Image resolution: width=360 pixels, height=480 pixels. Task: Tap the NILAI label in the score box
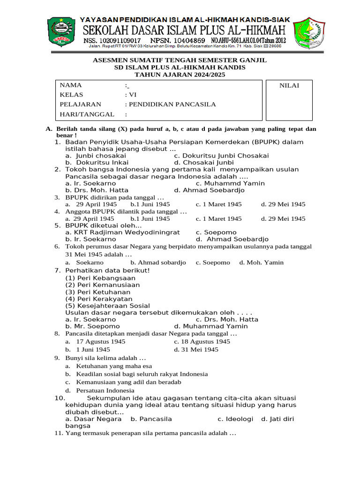pos(289,85)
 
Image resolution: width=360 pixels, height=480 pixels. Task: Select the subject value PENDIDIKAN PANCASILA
pos(170,104)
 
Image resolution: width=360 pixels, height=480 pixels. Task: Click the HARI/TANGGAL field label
pos(87,114)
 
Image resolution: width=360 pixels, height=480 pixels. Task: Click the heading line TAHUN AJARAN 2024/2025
pos(180,75)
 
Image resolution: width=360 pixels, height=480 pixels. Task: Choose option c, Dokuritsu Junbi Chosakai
pos(221,156)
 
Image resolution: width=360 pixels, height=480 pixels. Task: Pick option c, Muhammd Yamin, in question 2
pos(230,183)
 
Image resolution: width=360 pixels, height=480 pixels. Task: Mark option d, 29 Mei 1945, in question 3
pos(283,204)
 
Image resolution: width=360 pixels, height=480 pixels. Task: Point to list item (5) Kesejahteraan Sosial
pos(107,306)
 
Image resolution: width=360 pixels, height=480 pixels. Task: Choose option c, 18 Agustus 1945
pos(202,342)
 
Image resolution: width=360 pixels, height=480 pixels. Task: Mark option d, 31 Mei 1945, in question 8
pos(196,350)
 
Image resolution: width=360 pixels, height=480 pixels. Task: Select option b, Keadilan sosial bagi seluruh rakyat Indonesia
pos(136,374)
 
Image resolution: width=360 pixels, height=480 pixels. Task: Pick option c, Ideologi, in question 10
pos(235,419)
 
